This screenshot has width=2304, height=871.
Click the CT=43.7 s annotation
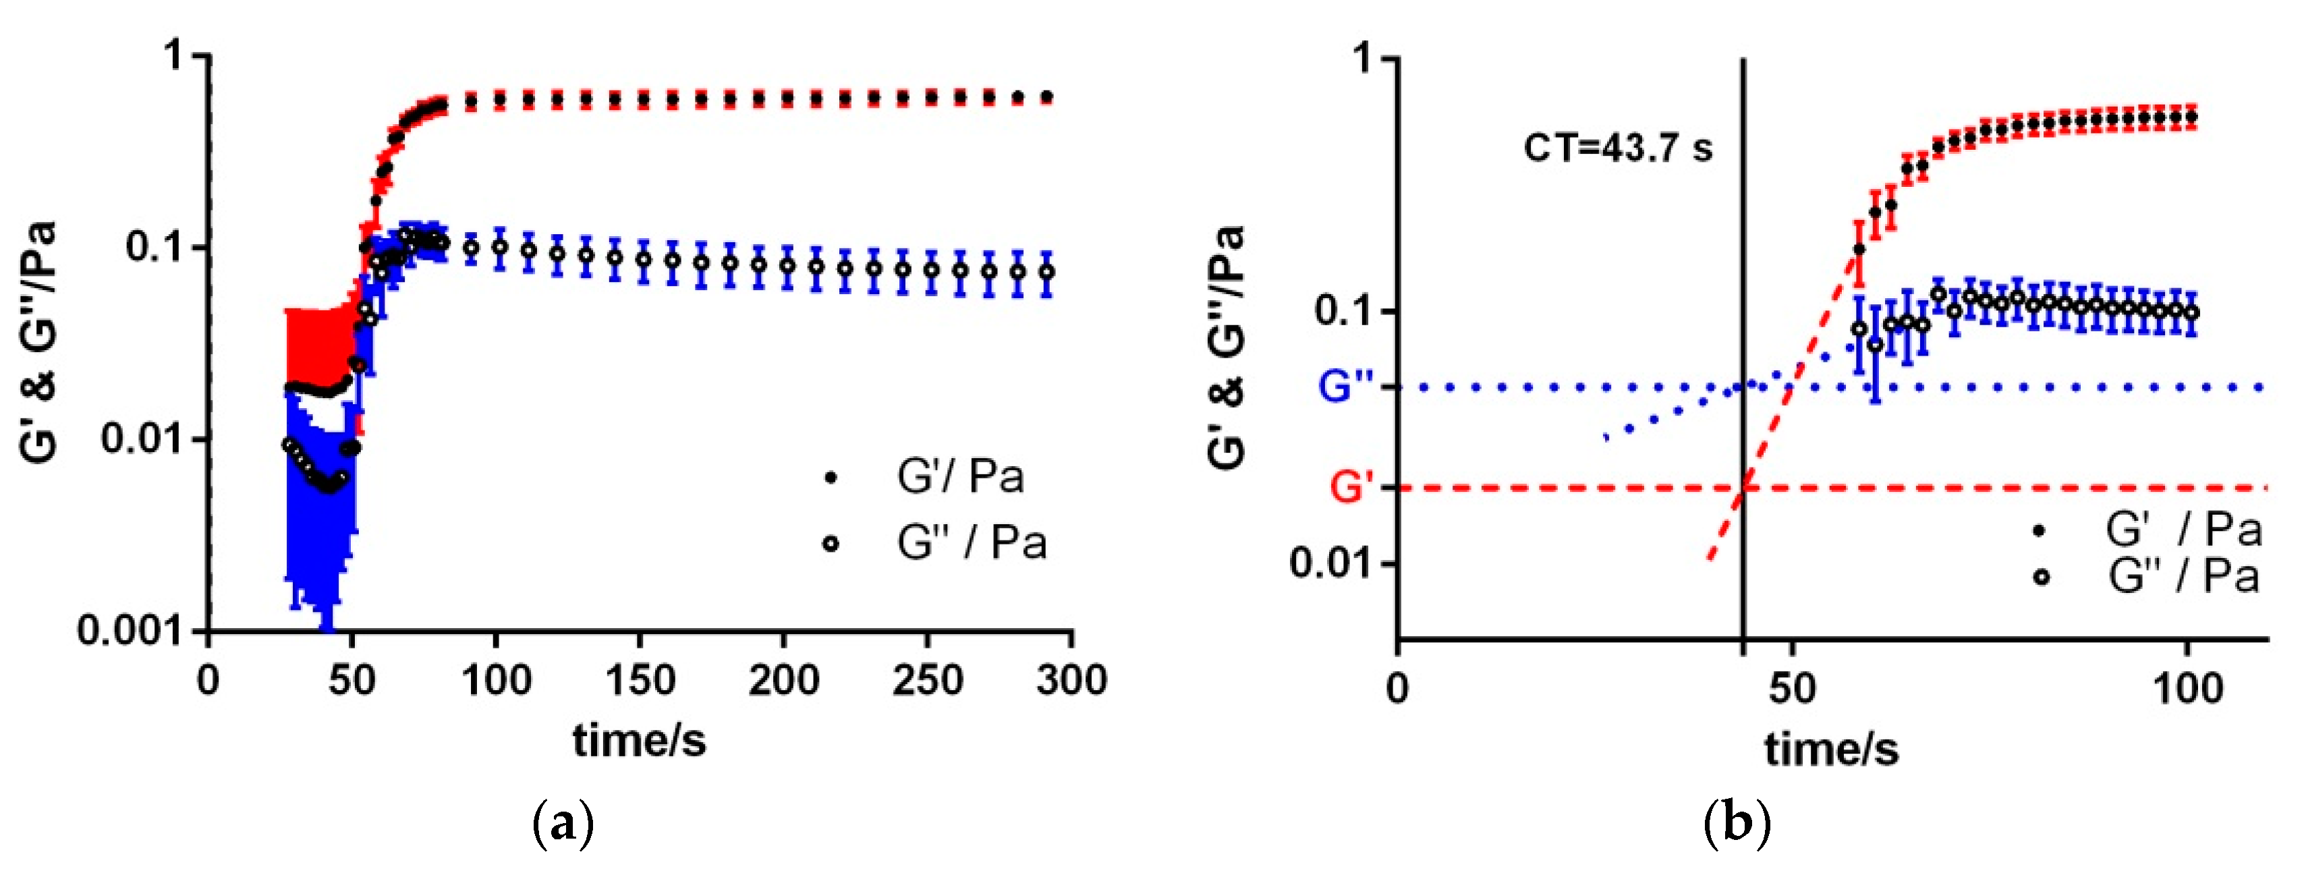point(1617,148)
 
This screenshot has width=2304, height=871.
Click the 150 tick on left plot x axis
point(640,681)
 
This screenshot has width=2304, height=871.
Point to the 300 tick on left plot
point(1071,681)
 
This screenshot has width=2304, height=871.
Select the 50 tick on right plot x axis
point(1791,689)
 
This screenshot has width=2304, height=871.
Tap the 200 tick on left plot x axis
point(783,681)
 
